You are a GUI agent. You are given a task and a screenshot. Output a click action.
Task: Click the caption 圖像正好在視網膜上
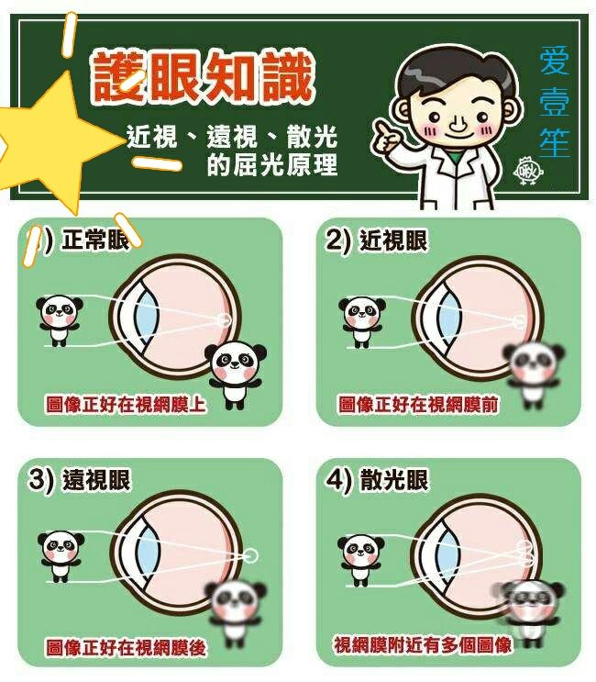coord(126,404)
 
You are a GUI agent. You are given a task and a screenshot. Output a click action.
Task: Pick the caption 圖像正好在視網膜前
coord(418,404)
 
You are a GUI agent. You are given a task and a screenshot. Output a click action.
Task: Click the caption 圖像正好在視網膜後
coord(126,648)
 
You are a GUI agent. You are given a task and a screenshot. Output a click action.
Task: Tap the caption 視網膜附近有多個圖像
coord(423,644)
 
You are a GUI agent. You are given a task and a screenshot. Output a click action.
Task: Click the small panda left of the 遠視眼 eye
coord(61,556)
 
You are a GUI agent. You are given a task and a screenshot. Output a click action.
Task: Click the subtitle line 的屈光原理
coord(272,165)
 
